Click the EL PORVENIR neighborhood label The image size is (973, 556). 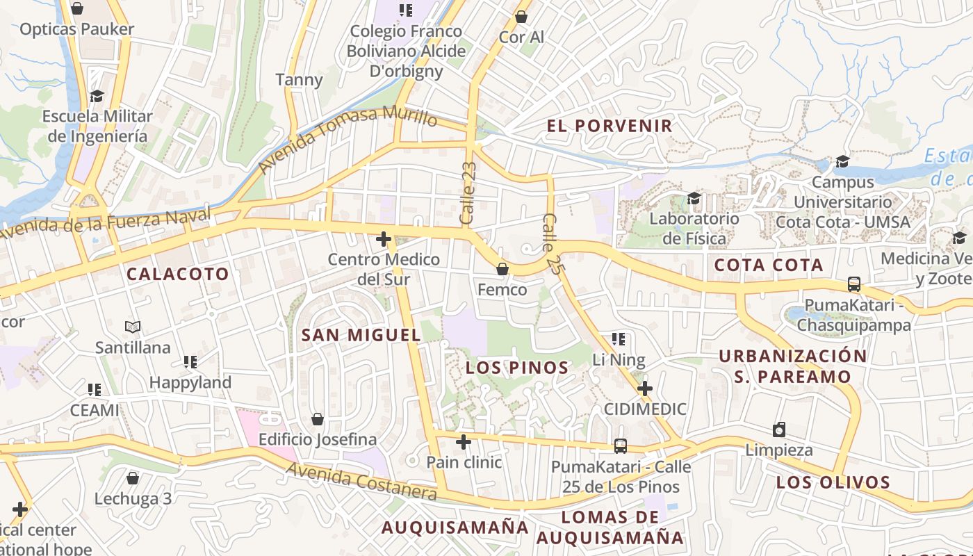click(610, 126)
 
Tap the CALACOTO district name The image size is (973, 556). click(177, 274)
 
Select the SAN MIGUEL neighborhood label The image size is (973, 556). click(361, 335)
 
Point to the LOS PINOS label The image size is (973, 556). click(518, 368)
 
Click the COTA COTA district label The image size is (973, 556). click(769, 265)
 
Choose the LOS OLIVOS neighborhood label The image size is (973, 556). click(833, 482)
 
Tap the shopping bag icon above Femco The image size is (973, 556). click(502, 268)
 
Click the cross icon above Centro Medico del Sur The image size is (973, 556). click(383, 240)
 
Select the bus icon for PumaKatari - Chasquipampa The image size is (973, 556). click(853, 284)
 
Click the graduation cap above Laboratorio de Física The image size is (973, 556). click(694, 199)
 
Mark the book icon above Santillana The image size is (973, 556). click(133, 327)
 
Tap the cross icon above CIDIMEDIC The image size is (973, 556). click(645, 388)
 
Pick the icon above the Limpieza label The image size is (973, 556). click(779, 430)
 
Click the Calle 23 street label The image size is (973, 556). click(468, 193)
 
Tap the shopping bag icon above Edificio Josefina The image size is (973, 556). click(317, 419)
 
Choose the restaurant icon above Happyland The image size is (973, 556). click(190, 361)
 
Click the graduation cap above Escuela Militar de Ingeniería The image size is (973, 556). click(97, 96)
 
